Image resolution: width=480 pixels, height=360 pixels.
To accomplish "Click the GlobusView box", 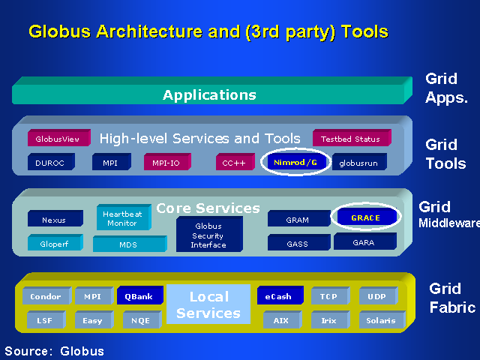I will click(58, 139).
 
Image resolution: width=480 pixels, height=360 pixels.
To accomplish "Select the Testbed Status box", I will click(350, 139).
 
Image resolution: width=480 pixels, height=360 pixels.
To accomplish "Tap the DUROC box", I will click(50, 162).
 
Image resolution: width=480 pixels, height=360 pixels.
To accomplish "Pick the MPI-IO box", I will click(166, 162).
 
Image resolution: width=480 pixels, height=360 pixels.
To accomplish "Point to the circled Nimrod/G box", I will click(295, 162).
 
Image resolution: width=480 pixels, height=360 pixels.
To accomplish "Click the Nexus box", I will click(54, 220).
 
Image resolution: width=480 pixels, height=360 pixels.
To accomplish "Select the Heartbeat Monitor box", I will click(121, 218).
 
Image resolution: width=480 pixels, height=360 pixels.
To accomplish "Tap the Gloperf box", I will click(54, 244).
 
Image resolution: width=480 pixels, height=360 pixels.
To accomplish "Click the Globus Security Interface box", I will click(208, 235).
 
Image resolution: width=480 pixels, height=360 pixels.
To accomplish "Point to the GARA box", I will click(364, 242).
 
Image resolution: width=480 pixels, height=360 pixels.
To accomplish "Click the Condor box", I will click(46, 297).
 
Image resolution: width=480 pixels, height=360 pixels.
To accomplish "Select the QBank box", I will click(139, 297).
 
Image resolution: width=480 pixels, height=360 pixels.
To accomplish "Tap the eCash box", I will click(278, 297).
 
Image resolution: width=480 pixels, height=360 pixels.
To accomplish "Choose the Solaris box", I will click(382, 320).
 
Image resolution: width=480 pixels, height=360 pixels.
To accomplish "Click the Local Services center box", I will click(208, 304).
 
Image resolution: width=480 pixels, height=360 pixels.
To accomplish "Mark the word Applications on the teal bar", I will click(209, 95).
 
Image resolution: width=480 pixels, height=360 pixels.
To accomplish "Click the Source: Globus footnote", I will click(55, 351).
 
